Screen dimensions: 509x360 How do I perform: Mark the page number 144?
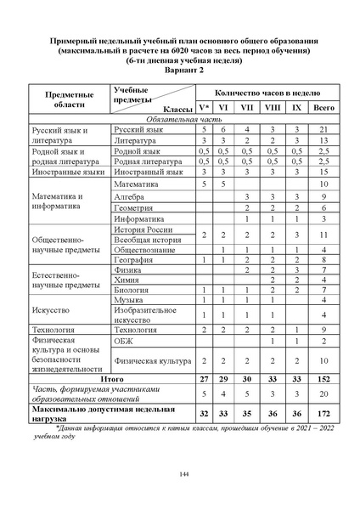coord(180,473)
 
